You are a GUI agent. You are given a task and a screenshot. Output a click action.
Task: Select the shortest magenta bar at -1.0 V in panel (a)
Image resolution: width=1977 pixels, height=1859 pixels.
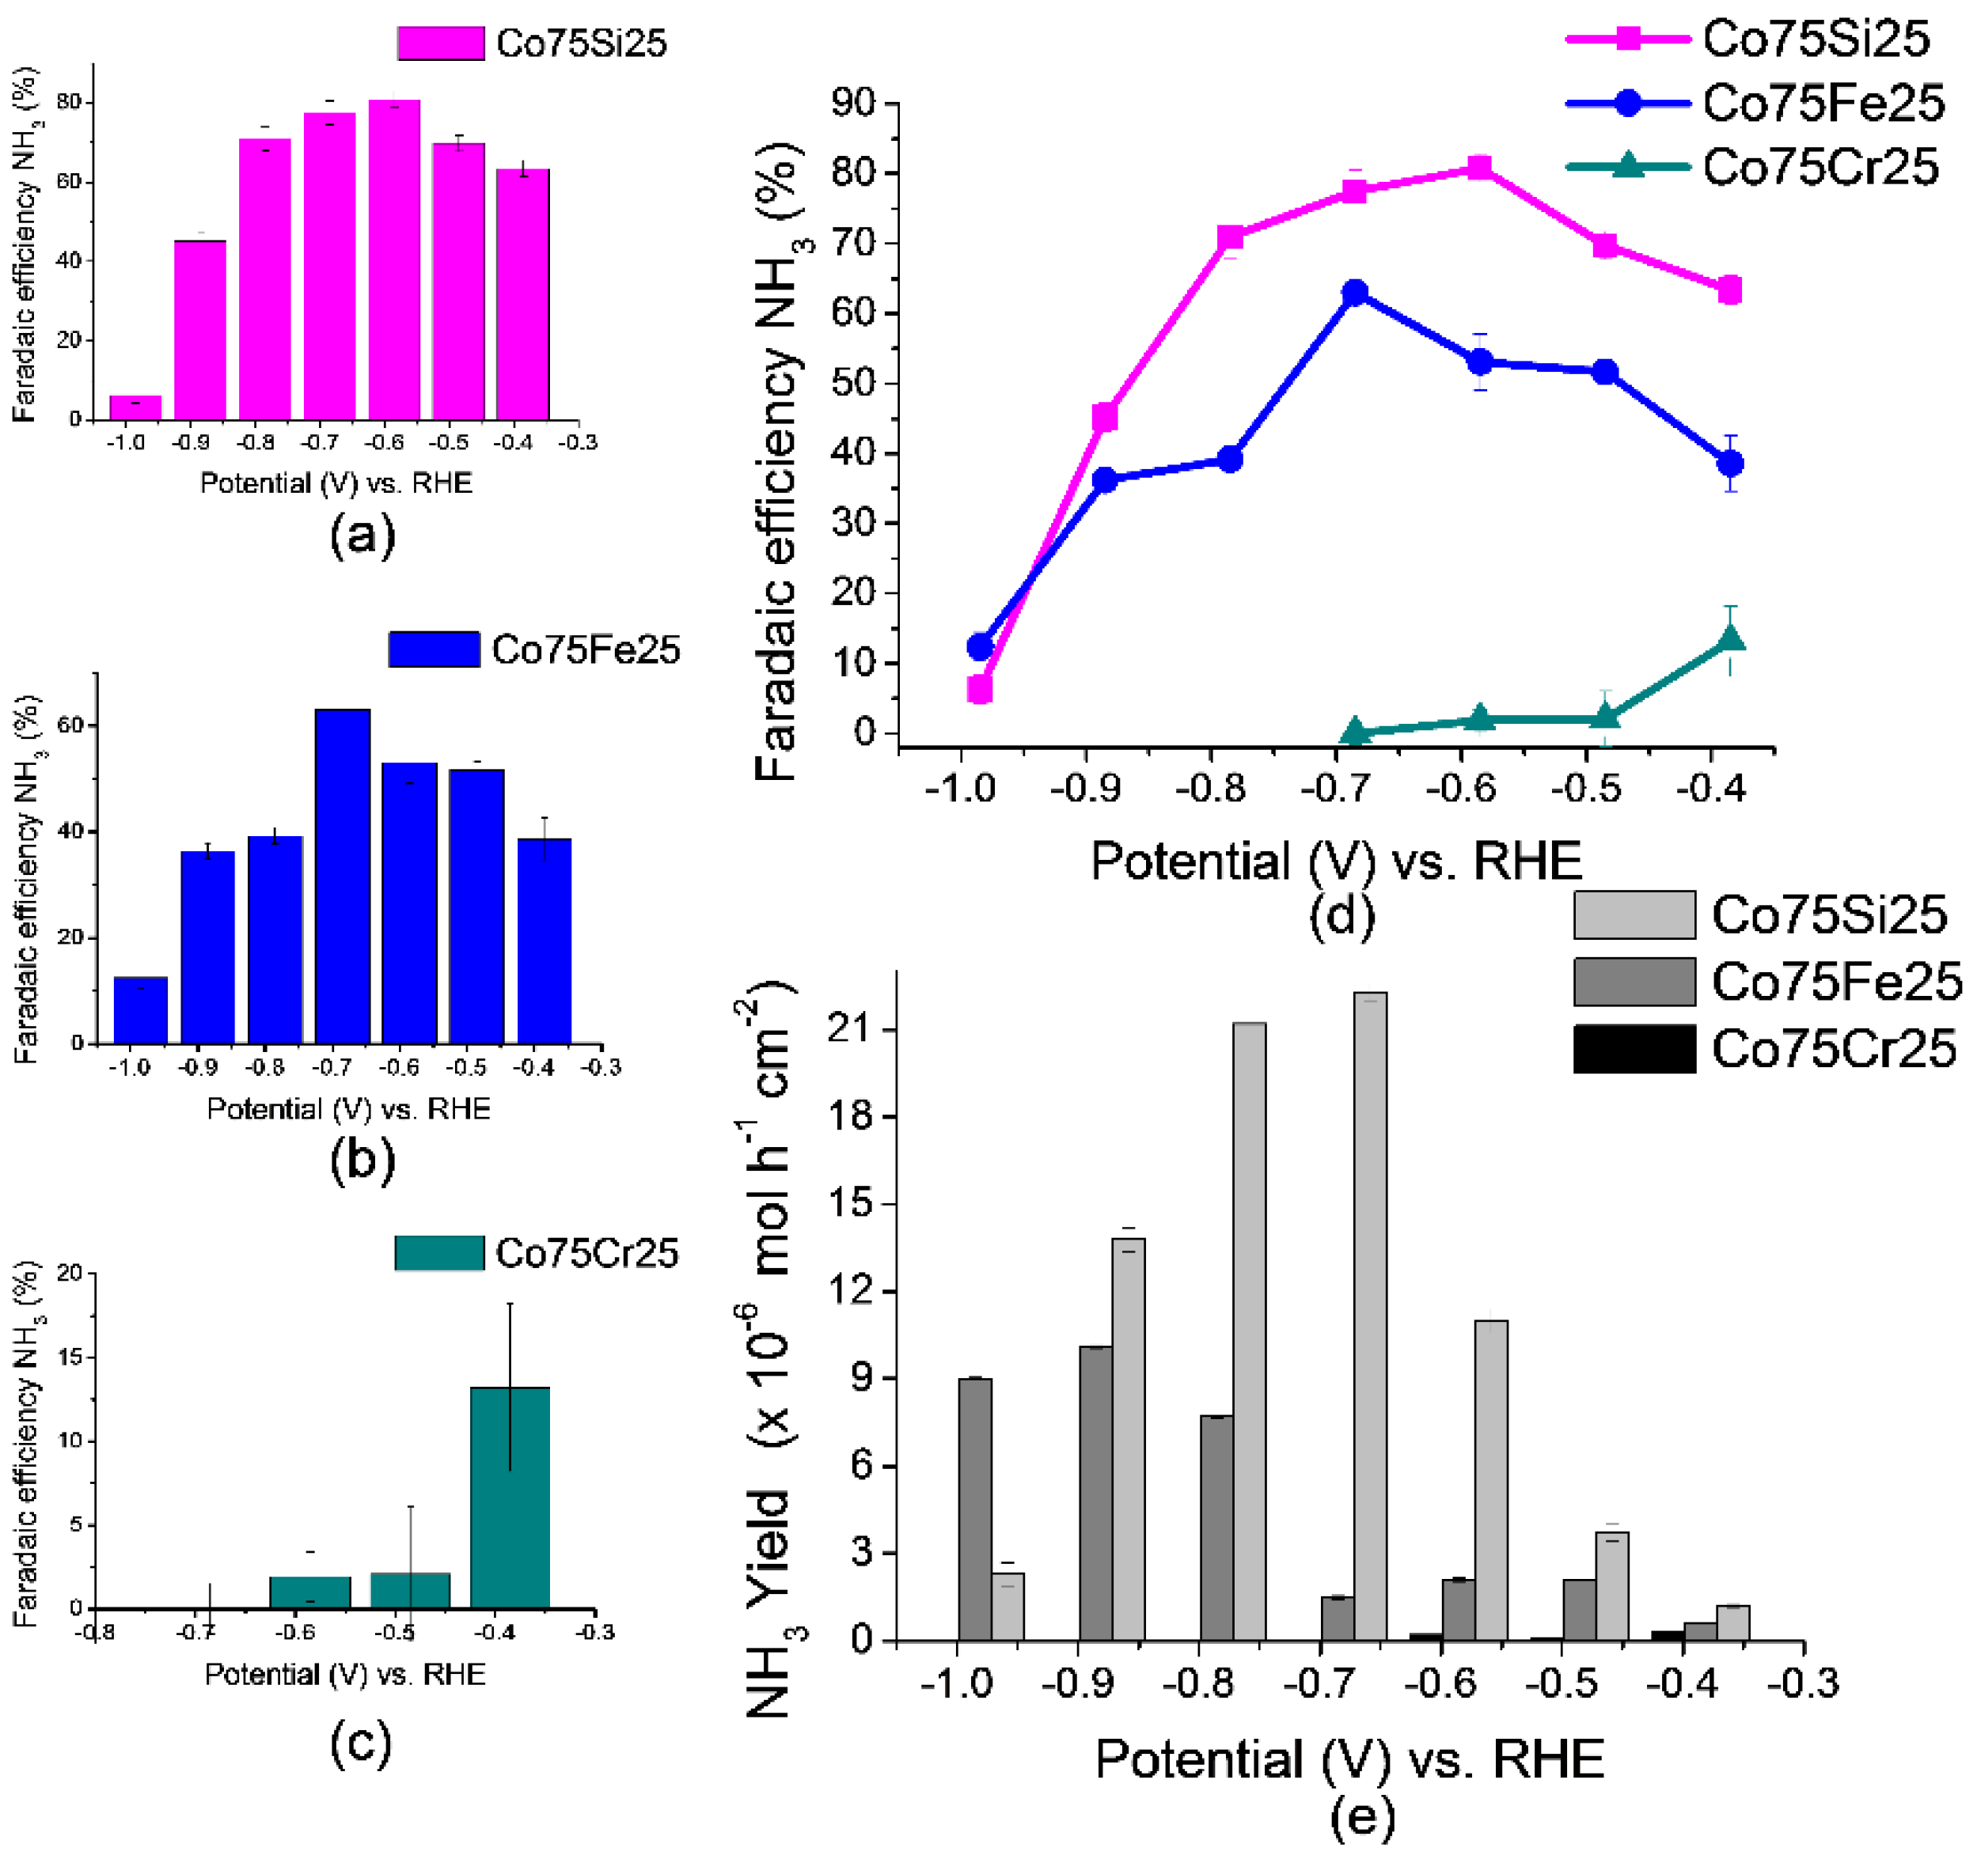tap(135, 407)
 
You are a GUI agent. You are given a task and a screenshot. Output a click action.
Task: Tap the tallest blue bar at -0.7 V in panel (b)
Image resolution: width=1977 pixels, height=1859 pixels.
tap(342, 875)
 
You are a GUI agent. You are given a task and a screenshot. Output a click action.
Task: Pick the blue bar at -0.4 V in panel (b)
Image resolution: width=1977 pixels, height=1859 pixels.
tap(544, 940)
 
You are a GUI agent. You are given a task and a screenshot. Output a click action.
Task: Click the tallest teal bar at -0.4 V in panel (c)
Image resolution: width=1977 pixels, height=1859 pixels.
tap(509, 1496)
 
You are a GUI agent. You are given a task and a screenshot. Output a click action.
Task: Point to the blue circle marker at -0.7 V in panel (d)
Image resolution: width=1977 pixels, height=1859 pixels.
tap(1354, 292)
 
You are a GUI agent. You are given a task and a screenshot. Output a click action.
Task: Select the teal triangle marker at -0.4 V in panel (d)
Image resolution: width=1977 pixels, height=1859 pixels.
tap(1730, 638)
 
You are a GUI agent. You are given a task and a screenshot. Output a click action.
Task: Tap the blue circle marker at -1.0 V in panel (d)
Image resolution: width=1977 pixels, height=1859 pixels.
tap(980, 647)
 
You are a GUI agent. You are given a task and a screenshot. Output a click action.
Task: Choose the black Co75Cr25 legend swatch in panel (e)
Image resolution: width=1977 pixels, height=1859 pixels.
tap(1634, 1049)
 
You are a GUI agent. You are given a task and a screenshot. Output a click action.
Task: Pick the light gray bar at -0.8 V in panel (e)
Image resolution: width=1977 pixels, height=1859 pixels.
tap(1249, 1330)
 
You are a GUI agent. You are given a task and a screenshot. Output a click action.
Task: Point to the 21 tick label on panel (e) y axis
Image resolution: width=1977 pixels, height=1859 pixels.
tap(849, 1029)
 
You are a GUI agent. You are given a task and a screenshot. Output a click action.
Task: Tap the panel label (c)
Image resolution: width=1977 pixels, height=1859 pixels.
tap(360, 1744)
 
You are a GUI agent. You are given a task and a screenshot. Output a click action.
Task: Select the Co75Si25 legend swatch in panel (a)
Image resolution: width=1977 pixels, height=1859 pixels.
tap(441, 43)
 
